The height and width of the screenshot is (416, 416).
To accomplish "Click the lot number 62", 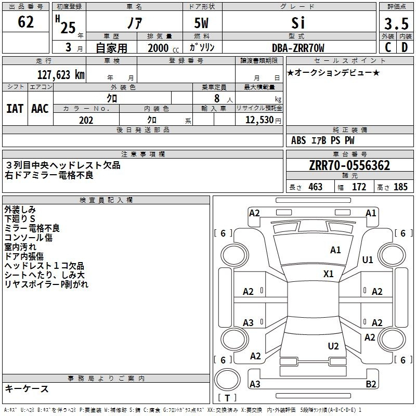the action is point(25,22).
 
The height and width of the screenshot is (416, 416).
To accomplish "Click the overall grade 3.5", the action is point(396,23).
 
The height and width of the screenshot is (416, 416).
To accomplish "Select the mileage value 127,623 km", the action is point(61,74).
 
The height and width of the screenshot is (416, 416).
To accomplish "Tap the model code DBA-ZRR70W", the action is point(298,48).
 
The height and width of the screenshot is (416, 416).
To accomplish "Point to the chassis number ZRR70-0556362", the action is point(349,165).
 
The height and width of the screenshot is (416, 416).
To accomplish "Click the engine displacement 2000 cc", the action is point(163,48).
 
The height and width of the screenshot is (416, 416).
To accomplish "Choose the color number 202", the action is point(86,120).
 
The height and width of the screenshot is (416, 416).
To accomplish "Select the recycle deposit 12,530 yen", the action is point(263,120).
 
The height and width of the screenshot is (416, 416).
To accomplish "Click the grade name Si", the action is point(298,23).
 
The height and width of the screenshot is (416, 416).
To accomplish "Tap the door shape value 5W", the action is point(201,23).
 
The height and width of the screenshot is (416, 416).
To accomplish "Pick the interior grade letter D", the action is point(405,47).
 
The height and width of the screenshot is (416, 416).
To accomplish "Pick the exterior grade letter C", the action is point(388,47).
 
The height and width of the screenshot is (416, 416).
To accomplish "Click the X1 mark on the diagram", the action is point(329,274).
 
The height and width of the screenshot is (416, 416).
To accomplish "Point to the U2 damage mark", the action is point(333,346).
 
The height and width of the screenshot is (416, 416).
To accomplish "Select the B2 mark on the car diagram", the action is point(371,384).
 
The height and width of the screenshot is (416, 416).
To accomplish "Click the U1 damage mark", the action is point(368,259).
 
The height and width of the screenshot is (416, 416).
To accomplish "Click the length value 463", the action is point(316,187).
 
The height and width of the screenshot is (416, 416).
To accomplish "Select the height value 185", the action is point(400,187).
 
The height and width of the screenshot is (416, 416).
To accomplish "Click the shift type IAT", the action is point(15,109).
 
